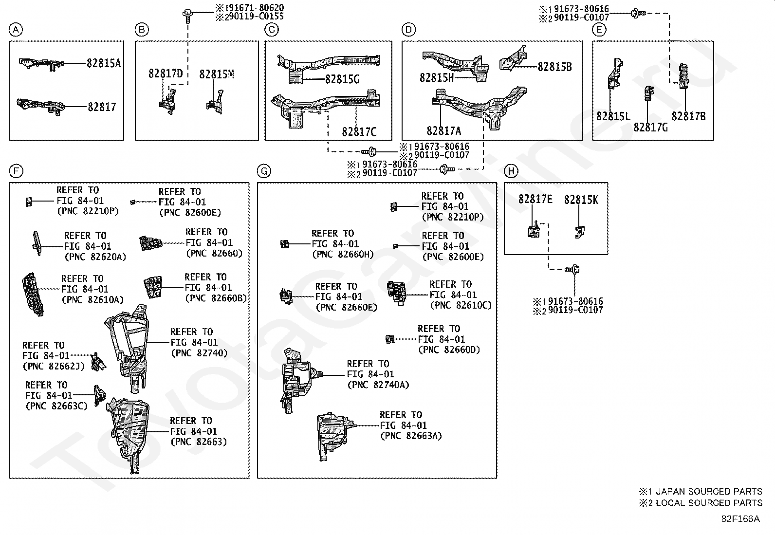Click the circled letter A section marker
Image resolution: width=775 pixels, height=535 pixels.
[16, 30]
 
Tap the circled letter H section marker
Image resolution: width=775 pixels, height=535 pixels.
[511, 171]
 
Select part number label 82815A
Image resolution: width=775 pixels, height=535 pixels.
[104, 63]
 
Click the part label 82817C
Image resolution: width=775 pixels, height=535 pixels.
[359, 132]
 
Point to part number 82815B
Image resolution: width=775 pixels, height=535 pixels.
[554, 67]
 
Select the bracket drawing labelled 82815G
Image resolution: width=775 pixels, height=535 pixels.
[328, 68]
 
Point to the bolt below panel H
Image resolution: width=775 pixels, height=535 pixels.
[572, 269]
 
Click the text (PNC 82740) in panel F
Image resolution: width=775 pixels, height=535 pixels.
[199, 353]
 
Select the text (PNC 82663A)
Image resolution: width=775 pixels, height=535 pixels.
[411, 436]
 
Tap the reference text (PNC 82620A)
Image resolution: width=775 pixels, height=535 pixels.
[95, 257]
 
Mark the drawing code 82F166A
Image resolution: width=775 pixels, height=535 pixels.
[740, 519]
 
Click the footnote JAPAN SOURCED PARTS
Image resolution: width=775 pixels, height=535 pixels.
[709, 491]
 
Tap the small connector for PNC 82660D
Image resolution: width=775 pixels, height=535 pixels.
[390, 339]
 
